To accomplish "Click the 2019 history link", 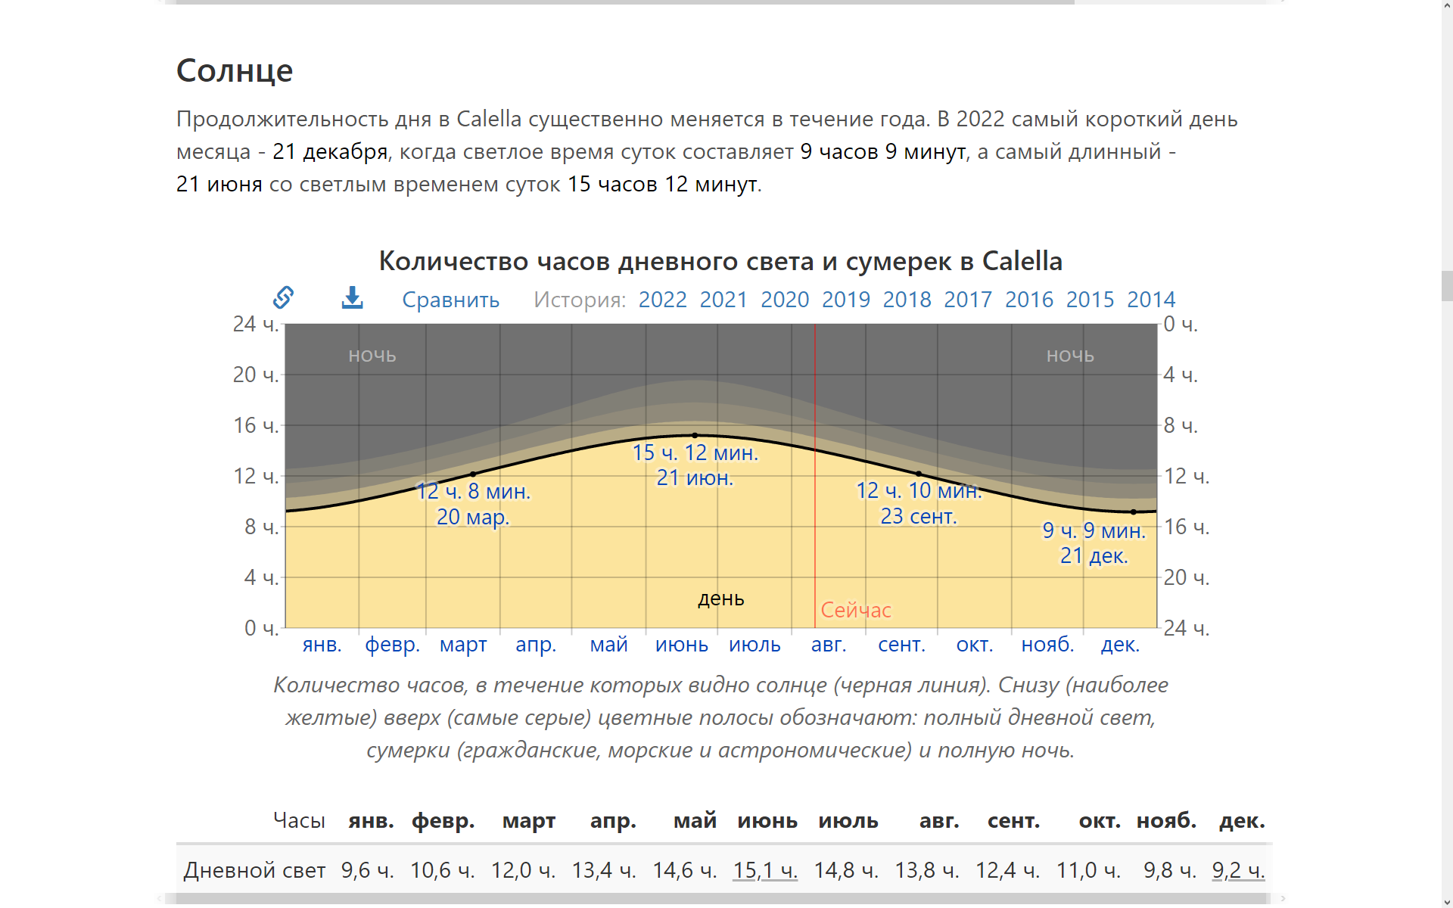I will point(845,300).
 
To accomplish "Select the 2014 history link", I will point(1150,300).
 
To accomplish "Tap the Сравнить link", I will point(450,300).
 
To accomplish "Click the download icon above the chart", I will point(352,297).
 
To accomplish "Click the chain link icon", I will point(284,297).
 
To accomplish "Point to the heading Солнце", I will point(235,70).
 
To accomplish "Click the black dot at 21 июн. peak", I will point(695,435).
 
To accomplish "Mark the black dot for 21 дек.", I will point(1133,512).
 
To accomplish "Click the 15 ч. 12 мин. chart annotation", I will point(695,452).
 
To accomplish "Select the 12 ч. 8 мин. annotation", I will point(474,491).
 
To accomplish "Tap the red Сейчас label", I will point(856,610).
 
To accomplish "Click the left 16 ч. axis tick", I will point(256,425).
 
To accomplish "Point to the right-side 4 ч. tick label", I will point(1180,375).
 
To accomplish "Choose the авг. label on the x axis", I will point(829,645).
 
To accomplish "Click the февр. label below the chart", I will point(392,645).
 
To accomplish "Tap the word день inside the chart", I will point(720,599).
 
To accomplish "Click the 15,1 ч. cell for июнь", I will point(765,870).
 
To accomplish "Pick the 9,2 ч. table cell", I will point(1238,870).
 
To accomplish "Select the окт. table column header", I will point(1099,820).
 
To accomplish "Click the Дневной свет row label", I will point(254,870).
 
